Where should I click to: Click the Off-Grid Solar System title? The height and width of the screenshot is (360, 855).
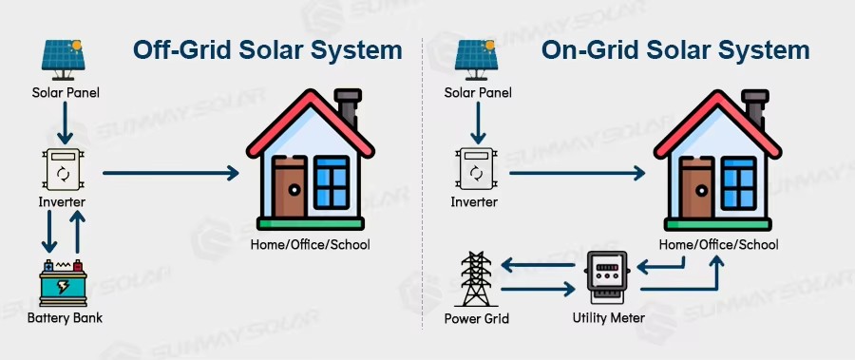(x=267, y=49)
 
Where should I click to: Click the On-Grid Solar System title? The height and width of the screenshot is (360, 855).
(x=675, y=49)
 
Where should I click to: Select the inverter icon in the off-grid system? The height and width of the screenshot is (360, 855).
(x=63, y=172)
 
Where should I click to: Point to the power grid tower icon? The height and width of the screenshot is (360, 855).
(x=476, y=278)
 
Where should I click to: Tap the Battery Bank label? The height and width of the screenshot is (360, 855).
(x=64, y=317)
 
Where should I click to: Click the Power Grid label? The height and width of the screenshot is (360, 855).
(x=476, y=318)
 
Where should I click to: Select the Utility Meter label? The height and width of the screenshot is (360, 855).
(x=608, y=317)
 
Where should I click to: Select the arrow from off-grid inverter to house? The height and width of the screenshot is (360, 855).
(x=171, y=173)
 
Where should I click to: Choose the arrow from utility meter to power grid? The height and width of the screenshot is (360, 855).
(x=537, y=264)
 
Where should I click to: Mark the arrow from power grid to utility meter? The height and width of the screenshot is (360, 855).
(x=538, y=287)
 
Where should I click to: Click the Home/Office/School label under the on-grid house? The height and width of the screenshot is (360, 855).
(x=719, y=244)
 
